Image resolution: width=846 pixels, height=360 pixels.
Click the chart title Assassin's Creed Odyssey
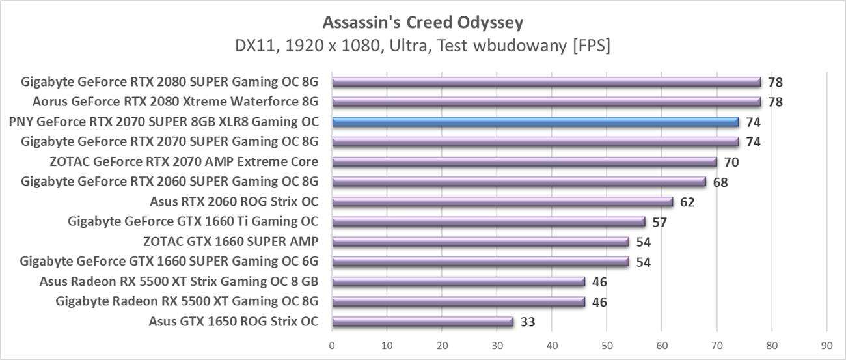[423, 23]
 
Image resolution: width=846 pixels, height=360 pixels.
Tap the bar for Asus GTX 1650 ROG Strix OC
[422, 322]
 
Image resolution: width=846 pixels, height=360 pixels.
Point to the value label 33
[528, 322]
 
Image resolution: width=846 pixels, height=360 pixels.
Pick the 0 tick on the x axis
[332, 345]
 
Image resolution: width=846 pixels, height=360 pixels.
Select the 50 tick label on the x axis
[607, 345]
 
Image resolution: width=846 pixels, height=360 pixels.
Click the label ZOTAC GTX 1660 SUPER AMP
[231, 242]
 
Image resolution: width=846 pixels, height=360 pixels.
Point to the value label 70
[731, 162]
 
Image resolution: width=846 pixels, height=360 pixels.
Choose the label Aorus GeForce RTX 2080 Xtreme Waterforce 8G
[175, 102]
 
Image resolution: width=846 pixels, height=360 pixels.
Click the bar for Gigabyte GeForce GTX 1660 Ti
[488, 222]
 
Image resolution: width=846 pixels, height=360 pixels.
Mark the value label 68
[720, 182]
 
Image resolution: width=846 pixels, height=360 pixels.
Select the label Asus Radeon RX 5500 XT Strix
[179, 281]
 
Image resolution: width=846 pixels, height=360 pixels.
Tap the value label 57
[659, 222]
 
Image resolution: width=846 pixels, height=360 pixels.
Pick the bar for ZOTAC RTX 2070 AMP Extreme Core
[524, 162]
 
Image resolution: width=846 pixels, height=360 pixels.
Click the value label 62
[687, 202]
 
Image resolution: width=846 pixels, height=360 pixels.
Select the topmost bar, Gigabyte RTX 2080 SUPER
[546, 82]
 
